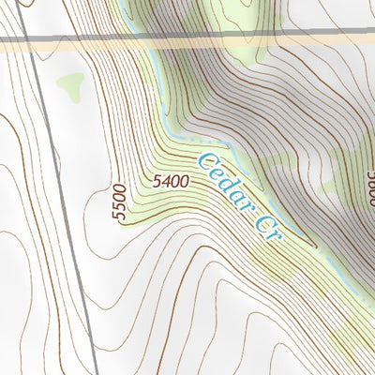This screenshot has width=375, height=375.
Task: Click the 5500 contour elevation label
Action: [118, 201]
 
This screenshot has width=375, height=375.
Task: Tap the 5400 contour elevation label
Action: [172, 178]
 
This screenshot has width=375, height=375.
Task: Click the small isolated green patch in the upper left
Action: [69, 87]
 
